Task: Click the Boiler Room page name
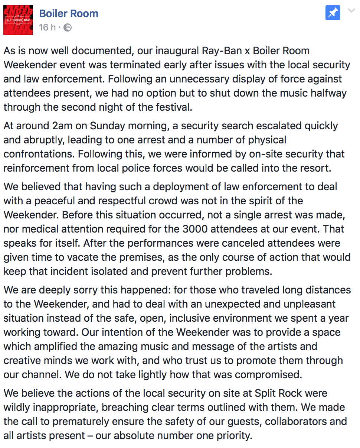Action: point(69,14)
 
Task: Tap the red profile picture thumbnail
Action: point(18,20)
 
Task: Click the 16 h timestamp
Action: point(47,27)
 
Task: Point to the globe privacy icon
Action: point(68,27)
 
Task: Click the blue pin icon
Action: point(333,13)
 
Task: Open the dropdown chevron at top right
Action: point(351,11)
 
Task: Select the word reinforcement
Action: point(37,168)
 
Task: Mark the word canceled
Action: point(234,243)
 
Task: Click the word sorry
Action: point(89,290)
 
